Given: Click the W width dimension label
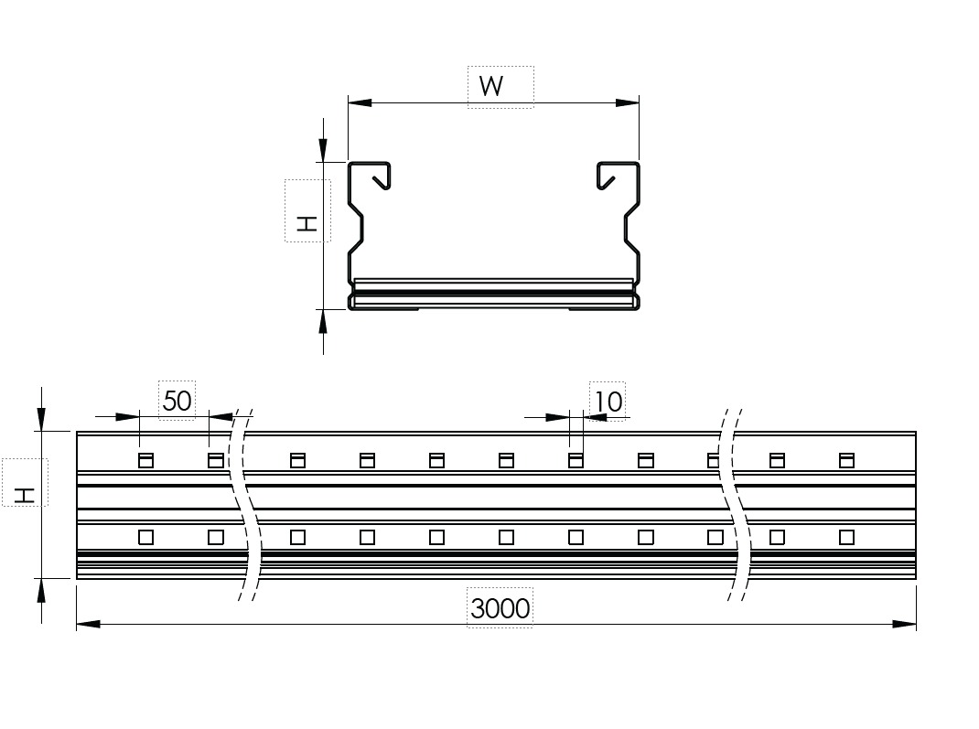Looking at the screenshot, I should pos(491,87).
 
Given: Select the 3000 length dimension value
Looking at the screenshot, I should pos(500,607).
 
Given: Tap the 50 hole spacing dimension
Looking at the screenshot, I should pos(177,401).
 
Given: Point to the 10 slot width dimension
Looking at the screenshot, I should pos(608,401).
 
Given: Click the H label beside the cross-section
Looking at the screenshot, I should pos(307,221).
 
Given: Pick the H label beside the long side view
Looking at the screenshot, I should pos(26,495).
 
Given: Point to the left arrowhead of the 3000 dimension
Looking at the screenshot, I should pos(88,624).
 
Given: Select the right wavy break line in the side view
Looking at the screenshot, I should pos(737,503).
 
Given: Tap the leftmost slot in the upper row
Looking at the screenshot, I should pos(145,460).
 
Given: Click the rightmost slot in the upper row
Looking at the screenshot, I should pos(846,460).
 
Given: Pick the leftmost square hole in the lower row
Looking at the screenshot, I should pos(145,537).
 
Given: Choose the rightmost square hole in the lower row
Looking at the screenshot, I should pos(846,537).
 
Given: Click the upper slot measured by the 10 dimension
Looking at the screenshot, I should pos(576,460).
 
